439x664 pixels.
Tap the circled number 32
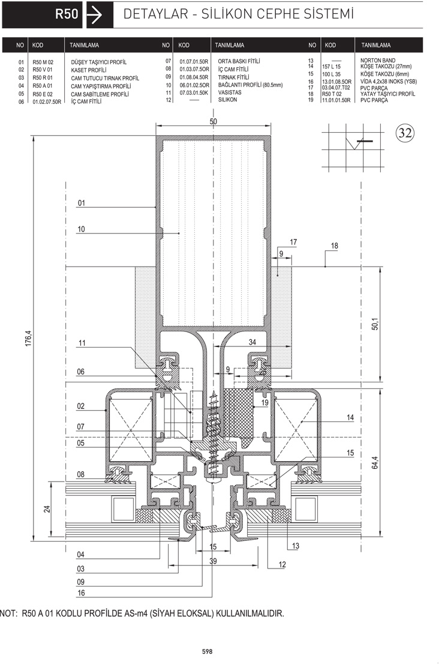tap(405, 133)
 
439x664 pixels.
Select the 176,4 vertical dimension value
tap(29, 339)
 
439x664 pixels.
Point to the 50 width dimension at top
tap(213, 121)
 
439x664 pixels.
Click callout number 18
tap(334, 246)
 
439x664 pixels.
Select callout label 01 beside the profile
tap(81, 203)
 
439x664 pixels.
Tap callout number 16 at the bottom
tap(81, 593)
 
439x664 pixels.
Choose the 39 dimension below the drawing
tap(213, 561)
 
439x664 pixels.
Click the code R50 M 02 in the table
tap(43, 62)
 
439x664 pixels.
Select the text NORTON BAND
tap(378, 61)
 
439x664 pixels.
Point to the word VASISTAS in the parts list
tap(230, 92)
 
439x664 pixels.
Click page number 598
tap(208, 652)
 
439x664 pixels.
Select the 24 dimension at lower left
tap(47, 509)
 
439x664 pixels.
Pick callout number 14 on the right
tap(350, 417)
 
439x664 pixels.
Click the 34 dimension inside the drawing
tap(252, 342)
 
